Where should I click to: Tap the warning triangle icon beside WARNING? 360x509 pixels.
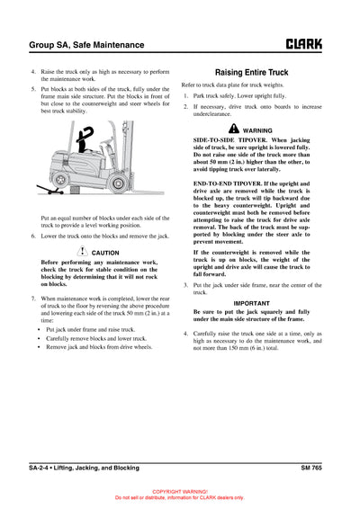(x=233, y=129)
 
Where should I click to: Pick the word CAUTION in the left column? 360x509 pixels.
(x=105, y=254)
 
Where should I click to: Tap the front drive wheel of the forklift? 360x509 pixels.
(x=119, y=182)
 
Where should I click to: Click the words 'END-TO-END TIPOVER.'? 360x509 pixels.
(x=229, y=183)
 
